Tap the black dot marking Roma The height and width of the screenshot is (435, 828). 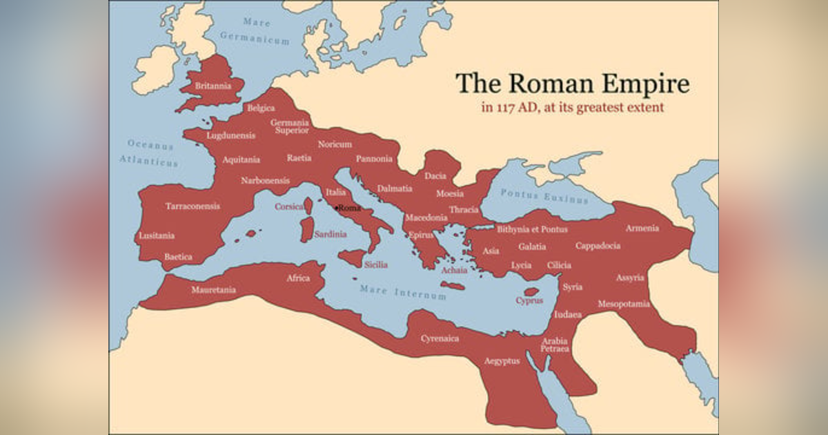pos(336,208)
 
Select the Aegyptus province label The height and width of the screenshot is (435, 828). pos(502,361)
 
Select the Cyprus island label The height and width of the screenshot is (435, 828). pos(529,300)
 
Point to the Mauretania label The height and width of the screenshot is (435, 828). pos(213,290)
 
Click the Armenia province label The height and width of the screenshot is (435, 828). pos(642,228)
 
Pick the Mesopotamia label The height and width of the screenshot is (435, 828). pos(624,303)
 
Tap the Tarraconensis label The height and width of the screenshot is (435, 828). pos(193,206)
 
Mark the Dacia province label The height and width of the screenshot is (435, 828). pos(435,175)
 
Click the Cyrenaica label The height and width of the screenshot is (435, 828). pos(440,338)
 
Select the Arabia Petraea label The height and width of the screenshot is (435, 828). pos(555,345)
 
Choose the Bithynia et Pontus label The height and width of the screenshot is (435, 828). pos(532,229)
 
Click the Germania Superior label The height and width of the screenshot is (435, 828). pos(290,126)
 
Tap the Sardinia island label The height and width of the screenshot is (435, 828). pos(331,235)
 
